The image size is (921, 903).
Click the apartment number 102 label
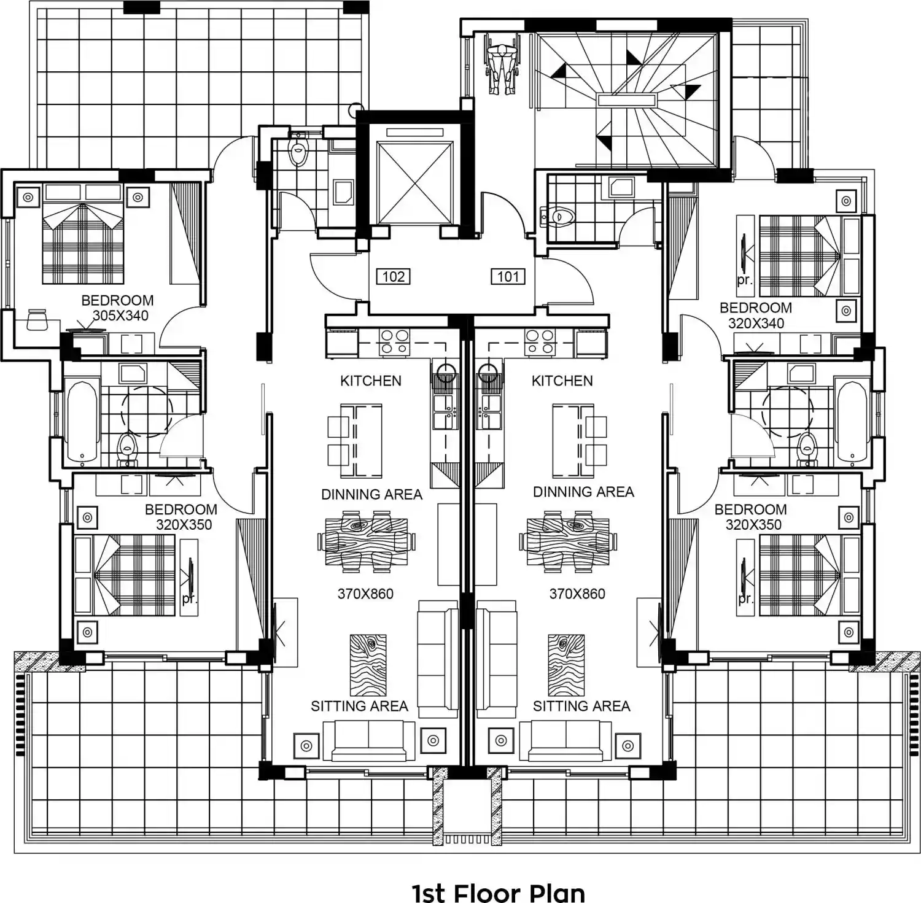point(394,277)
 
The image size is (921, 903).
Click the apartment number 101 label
point(508,277)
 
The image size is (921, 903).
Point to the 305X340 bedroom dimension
point(120,316)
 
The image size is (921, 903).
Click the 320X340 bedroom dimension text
point(756,324)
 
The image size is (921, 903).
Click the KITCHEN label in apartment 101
point(562,381)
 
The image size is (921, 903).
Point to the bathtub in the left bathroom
point(82,422)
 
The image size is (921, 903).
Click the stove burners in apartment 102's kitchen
point(394,343)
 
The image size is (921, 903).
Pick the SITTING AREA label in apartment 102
point(359,707)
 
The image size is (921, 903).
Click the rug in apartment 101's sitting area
point(566,665)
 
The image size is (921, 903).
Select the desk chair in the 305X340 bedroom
point(37,319)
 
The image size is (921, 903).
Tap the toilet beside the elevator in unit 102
point(298,150)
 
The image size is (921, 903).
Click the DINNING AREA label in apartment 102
point(372,495)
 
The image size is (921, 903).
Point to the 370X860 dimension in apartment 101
point(577,594)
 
